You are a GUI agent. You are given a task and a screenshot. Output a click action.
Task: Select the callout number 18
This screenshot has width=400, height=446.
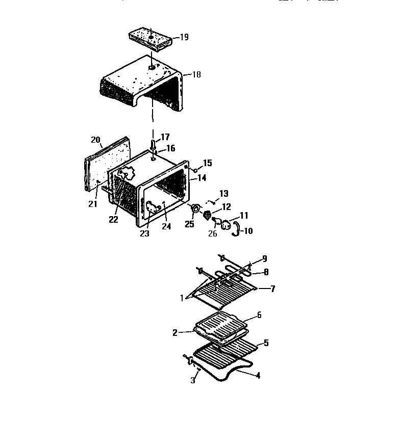click(196, 74)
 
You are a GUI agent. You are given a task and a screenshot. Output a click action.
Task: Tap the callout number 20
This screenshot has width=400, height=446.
click(95, 140)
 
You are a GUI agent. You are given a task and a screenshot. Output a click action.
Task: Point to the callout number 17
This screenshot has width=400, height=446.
click(165, 137)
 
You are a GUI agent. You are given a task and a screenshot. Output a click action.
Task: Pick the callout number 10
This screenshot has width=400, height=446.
click(247, 231)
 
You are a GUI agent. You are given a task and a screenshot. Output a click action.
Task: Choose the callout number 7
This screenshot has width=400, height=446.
click(272, 289)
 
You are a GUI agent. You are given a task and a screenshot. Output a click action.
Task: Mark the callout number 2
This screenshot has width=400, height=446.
click(175, 332)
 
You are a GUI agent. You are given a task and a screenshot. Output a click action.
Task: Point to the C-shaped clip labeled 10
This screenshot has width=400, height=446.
click(236, 228)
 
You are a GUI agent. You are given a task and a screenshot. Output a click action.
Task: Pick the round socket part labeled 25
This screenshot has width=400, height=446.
click(194, 208)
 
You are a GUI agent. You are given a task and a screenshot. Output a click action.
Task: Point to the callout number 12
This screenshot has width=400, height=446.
click(226, 206)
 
